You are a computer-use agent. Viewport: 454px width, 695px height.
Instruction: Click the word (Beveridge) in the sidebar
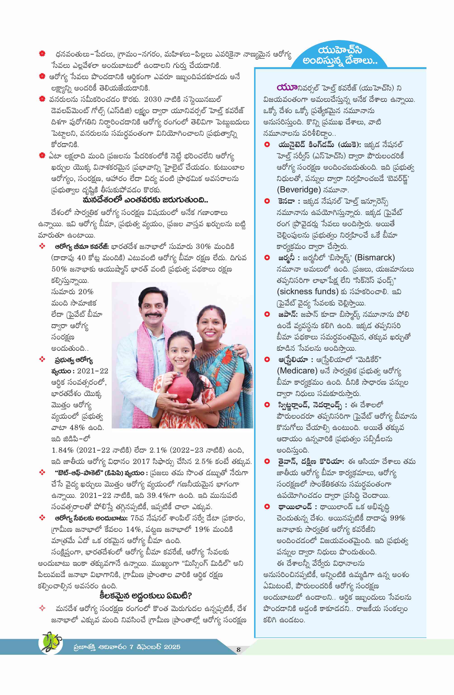[299, 190]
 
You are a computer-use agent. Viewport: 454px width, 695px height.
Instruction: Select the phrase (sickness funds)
[307, 291]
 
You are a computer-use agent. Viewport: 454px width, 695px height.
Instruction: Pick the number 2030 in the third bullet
[153, 100]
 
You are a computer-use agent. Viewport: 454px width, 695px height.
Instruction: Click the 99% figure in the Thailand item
[397, 518]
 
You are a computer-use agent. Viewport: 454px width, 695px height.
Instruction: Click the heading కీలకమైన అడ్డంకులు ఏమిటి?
[145, 595]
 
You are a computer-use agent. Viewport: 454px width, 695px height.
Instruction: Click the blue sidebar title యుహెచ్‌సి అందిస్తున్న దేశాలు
[340, 55]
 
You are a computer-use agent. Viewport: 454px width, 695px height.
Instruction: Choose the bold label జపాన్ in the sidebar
[288, 314]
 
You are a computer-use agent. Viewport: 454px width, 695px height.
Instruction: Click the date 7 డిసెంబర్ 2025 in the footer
[155, 647]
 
